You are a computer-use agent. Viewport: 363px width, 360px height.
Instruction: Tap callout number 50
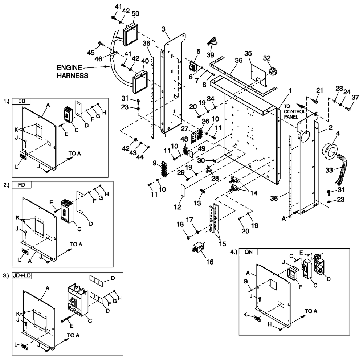[x=136, y=13]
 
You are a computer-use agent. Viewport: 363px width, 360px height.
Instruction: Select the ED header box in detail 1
[x=21, y=101]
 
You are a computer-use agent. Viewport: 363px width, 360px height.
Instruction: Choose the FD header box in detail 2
[x=22, y=184]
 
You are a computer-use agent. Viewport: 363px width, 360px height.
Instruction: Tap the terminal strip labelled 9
[x=163, y=170]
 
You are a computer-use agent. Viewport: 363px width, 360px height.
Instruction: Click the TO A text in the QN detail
[x=311, y=311]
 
